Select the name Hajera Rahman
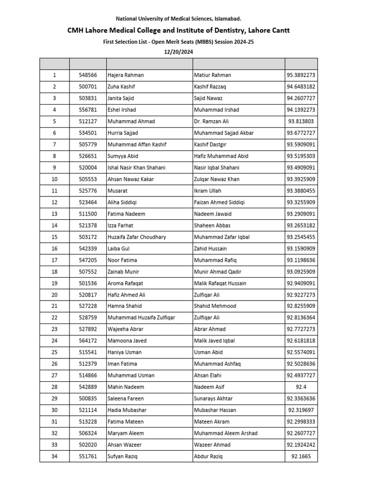click(125, 75)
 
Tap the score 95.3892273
click(301, 75)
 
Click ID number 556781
click(88, 110)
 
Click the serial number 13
click(54, 214)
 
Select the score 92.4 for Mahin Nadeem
click(301, 387)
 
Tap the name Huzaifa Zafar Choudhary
click(136, 237)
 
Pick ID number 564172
click(88, 341)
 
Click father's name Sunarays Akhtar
click(213, 399)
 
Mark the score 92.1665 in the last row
click(301, 457)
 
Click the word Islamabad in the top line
click(226, 18)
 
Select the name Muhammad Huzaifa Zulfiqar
click(141, 318)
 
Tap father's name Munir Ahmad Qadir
click(217, 272)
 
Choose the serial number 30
click(54, 410)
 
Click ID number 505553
click(88, 179)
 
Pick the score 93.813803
click(301, 122)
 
